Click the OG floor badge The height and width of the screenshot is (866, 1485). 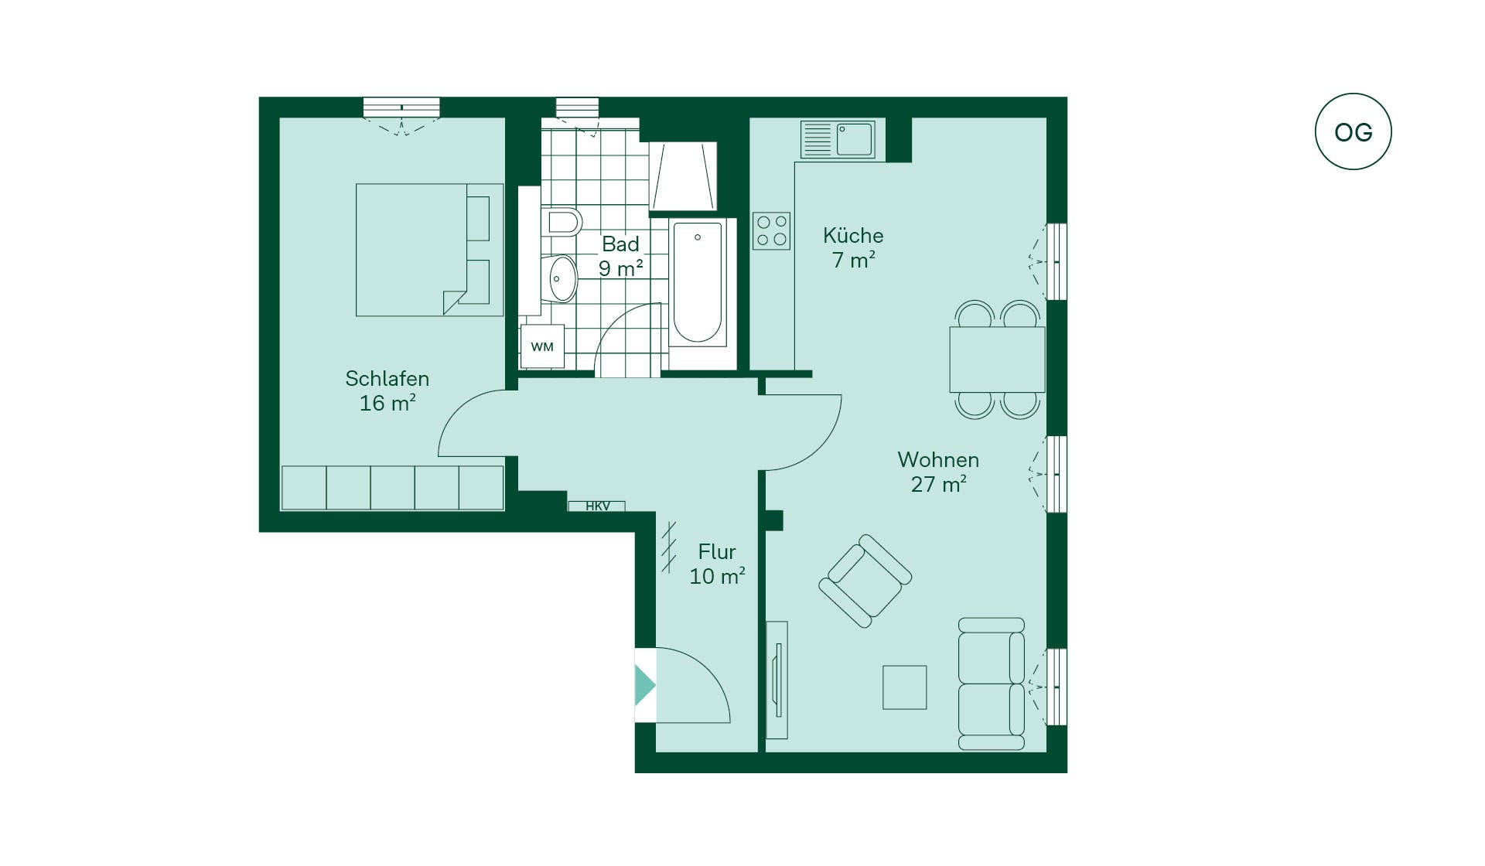(x=1353, y=131)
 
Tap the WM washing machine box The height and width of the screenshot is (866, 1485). (x=542, y=346)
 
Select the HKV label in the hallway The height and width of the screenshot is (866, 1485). (x=597, y=506)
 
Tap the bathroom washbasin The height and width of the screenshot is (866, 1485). (x=559, y=278)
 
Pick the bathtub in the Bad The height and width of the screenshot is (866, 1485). (x=698, y=282)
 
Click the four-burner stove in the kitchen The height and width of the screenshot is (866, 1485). (x=771, y=230)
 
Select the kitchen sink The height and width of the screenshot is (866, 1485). (x=838, y=140)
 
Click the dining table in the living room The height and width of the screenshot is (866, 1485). (x=997, y=360)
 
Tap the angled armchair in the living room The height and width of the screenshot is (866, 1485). (x=865, y=580)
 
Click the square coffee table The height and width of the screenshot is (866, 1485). (x=905, y=687)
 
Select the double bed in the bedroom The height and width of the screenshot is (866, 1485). (x=429, y=250)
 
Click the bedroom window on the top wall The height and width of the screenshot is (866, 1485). (x=401, y=107)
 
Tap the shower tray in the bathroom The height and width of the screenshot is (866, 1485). (x=683, y=176)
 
